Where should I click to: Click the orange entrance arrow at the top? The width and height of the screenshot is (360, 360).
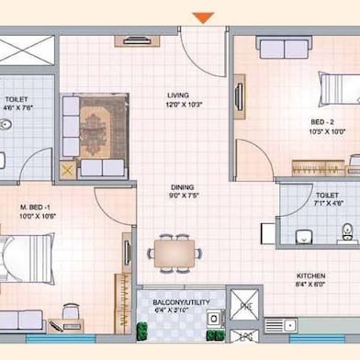tap(204, 17)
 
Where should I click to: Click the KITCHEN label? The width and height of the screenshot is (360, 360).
tap(309, 276)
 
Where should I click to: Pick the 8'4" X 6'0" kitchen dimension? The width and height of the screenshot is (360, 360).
tap(309, 286)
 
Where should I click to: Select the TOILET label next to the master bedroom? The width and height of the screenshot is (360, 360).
tap(16, 98)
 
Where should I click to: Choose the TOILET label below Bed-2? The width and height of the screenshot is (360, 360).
tap(327, 195)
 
